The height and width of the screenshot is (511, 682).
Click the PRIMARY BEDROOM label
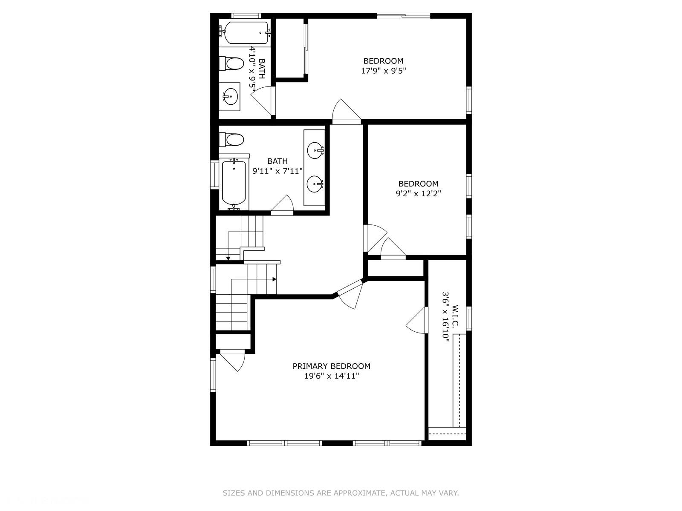(331, 366)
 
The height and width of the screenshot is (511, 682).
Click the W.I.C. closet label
(455, 316)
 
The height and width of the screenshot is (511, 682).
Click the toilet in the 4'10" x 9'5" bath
(232, 64)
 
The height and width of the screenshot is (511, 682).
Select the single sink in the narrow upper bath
(230, 96)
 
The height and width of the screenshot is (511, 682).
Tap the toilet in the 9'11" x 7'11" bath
(233, 139)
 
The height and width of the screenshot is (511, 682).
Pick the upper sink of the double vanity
(315, 150)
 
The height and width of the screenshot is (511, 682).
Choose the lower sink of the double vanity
(315, 184)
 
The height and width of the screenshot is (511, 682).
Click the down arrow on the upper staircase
(228, 258)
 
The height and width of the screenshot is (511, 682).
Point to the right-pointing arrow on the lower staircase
(274, 279)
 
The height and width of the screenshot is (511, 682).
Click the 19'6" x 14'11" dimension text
(331, 376)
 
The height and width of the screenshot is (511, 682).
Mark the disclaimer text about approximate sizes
(341, 493)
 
